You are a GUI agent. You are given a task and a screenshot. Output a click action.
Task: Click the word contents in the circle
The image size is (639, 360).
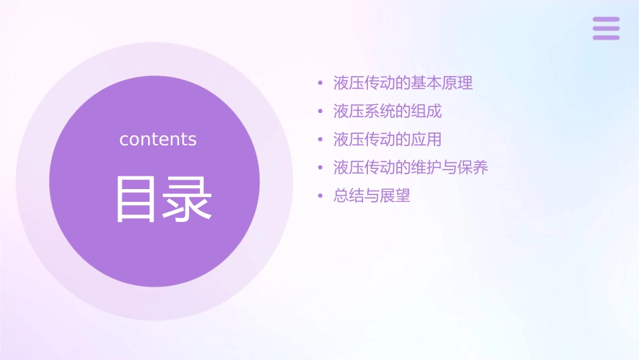click(x=158, y=139)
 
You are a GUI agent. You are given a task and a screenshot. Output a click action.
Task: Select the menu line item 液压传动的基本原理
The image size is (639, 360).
click(x=403, y=83)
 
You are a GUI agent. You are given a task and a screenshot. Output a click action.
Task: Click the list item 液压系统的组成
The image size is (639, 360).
click(x=387, y=111)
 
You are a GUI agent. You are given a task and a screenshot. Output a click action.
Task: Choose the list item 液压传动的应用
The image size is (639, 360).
click(x=387, y=139)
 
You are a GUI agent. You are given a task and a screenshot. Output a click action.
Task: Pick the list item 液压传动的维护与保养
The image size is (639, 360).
click(x=410, y=168)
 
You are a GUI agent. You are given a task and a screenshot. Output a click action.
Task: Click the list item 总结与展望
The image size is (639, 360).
click(x=372, y=196)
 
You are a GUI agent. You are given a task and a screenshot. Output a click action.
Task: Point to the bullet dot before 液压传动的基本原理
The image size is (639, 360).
click(x=320, y=83)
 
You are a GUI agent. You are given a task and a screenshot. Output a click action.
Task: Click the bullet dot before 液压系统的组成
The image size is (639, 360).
click(x=320, y=112)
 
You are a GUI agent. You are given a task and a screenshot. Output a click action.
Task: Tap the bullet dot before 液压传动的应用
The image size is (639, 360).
click(x=320, y=140)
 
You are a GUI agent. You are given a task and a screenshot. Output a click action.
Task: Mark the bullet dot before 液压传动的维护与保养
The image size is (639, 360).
click(x=320, y=168)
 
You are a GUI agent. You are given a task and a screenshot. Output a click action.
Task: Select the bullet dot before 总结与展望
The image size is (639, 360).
click(x=320, y=196)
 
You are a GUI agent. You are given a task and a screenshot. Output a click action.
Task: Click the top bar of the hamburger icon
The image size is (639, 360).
click(x=606, y=20)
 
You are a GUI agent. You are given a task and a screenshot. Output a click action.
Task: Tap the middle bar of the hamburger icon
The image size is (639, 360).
click(x=606, y=28)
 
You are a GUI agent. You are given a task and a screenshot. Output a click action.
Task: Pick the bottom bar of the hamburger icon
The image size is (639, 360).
click(x=606, y=37)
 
